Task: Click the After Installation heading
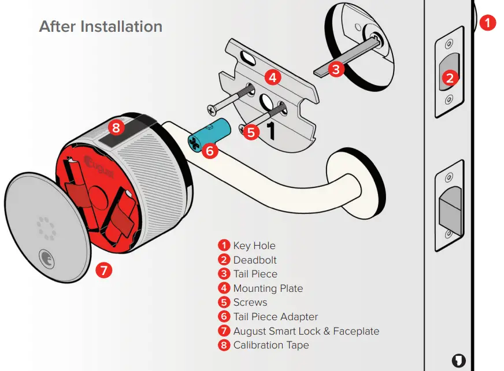tap(101, 27)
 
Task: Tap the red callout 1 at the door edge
tap(488, 23)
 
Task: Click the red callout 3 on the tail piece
tap(337, 69)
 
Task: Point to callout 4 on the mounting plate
tap(273, 76)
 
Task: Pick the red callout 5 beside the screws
tap(250, 131)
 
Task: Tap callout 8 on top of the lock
tap(116, 127)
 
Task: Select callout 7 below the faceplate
tap(103, 270)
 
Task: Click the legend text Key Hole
tap(254, 246)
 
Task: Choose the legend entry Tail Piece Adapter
tap(275, 317)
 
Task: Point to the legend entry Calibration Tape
tap(270, 345)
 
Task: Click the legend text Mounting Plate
tap(268, 288)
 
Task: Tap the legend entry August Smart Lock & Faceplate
tap(306, 331)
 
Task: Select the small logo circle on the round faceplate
tap(44, 255)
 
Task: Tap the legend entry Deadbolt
tap(255, 260)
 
